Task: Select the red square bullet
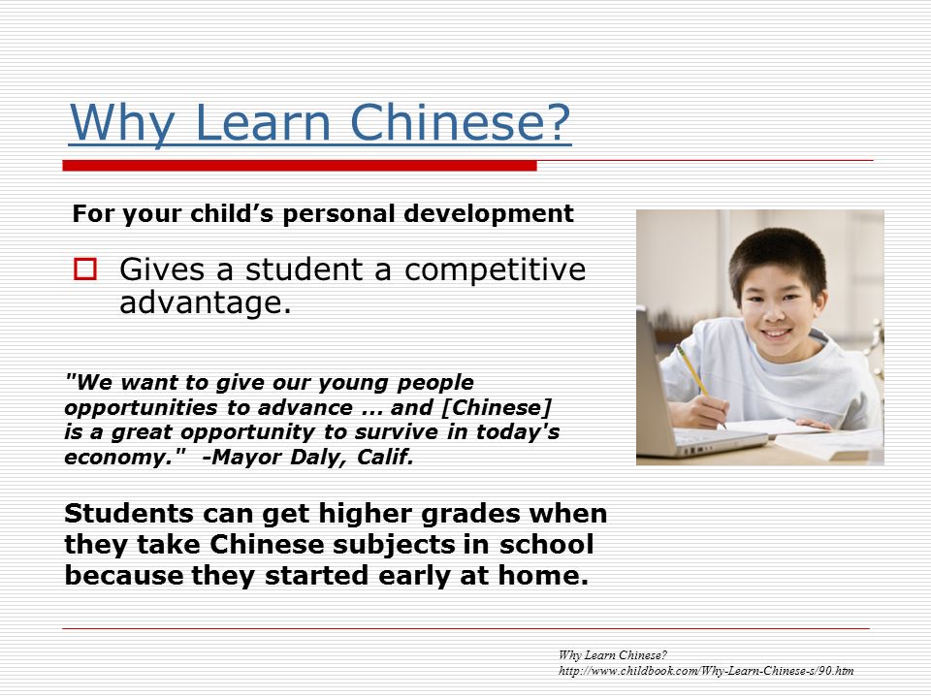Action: click(85, 269)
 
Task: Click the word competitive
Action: click(495, 270)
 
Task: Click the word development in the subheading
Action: click(489, 214)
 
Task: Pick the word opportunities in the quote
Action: click(141, 409)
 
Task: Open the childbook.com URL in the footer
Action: click(706, 671)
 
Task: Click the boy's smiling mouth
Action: click(776, 333)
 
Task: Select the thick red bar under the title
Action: click(300, 166)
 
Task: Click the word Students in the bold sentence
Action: click(128, 514)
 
